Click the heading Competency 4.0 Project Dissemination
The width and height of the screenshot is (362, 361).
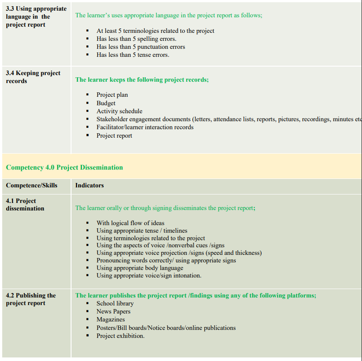click(x=64, y=167)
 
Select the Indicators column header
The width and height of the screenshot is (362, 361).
click(x=89, y=185)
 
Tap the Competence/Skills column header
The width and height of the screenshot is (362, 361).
click(x=32, y=185)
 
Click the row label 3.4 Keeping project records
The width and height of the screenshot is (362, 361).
click(x=33, y=77)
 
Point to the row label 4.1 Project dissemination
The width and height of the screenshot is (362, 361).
click(x=25, y=205)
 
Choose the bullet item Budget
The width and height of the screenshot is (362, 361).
click(x=106, y=103)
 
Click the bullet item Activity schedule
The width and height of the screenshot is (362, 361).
click(x=119, y=111)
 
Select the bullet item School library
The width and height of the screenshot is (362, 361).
click(x=115, y=303)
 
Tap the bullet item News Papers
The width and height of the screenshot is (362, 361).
click(x=113, y=311)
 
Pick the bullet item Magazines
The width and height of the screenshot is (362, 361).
click(x=111, y=319)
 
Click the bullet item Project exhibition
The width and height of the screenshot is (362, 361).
click(x=120, y=336)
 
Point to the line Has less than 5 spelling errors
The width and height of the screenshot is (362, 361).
click(x=136, y=39)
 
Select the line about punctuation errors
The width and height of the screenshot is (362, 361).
click(x=140, y=47)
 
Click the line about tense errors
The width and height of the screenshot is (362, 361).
click(x=133, y=55)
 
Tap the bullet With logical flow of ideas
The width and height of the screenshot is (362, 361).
click(x=130, y=223)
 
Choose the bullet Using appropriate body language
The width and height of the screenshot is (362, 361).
click(x=139, y=268)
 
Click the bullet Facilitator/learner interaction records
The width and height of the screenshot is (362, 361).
click(x=145, y=127)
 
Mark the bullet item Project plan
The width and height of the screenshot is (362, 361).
click(x=112, y=95)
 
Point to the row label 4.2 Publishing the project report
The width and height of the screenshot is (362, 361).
click(x=31, y=299)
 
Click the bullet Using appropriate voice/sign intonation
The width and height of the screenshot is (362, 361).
click(x=149, y=275)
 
